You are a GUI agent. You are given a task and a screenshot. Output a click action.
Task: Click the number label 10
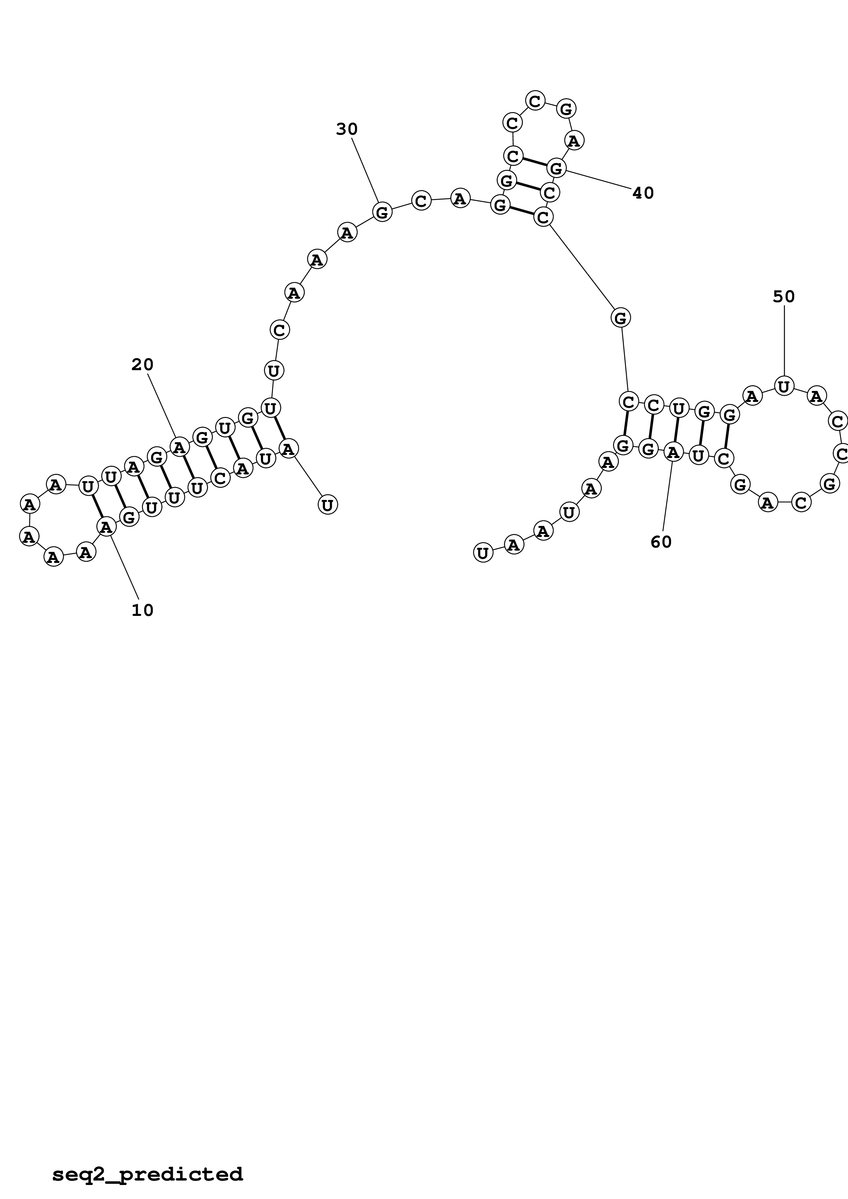(142, 610)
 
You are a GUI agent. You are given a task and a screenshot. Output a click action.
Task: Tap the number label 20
(142, 364)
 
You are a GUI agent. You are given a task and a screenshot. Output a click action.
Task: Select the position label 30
(347, 129)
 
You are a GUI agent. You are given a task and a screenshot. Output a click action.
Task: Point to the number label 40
(643, 193)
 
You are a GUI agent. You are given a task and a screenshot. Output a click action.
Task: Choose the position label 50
(783, 297)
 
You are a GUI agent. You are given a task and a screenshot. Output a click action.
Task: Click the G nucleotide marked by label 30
(382, 212)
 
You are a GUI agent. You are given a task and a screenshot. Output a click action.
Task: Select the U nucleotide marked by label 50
(784, 386)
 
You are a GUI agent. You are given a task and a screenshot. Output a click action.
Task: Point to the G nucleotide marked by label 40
(557, 168)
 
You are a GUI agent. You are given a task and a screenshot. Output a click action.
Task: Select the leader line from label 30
(365, 170)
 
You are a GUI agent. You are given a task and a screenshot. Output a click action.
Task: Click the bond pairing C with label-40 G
(535, 162)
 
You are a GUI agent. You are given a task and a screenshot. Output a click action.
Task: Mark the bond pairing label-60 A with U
(676, 430)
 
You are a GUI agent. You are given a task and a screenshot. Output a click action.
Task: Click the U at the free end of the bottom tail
(483, 552)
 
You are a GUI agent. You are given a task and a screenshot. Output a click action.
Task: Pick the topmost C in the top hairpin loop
(535, 100)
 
